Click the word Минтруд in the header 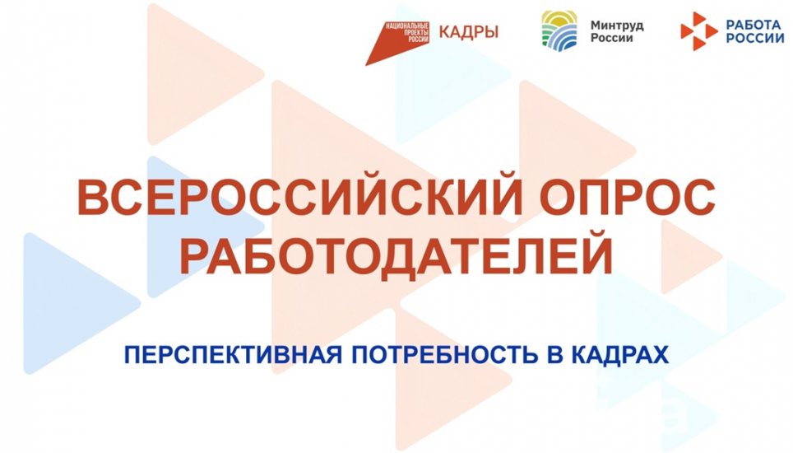tap(617, 25)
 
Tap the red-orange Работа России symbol tap(698, 31)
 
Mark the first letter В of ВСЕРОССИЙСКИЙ tap(92, 198)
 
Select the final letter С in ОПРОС tap(696, 198)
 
